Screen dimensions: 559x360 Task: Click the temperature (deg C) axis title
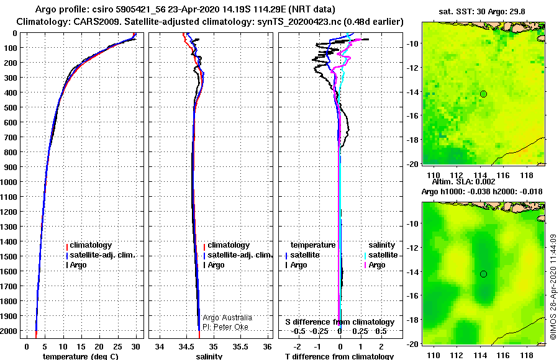click(x=81, y=356)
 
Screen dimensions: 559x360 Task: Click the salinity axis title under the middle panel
click(x=209, y=356)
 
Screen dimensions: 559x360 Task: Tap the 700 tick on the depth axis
click(x=9, y=137)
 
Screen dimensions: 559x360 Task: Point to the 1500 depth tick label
click(x=8, y=256)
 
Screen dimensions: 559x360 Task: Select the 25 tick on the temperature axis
click(x=117, y=347)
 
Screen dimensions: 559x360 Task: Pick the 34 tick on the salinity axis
click(x=160, y=347)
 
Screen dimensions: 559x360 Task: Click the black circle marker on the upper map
click(x=483, y=94)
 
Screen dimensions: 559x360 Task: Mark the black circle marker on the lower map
click(x=483, y=274)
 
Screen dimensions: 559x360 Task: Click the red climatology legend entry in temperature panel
click(x=89, y=245)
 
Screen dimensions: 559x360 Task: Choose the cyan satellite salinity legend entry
click(x=381, y=255)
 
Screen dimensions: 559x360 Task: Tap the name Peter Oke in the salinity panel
click(x=230, y=327)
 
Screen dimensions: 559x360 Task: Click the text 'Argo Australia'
click(x=227, y=318)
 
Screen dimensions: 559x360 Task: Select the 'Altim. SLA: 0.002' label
click(x=463, y=182)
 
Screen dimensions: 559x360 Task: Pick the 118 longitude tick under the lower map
click(x=527, y=356)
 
